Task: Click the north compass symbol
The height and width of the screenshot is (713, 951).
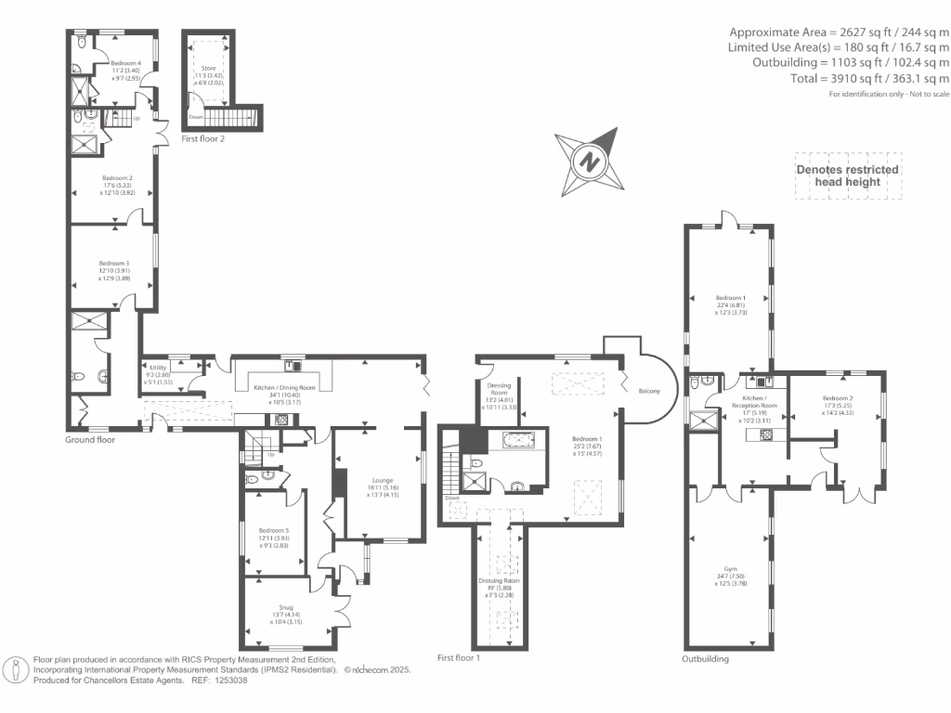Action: (x=587, y=160)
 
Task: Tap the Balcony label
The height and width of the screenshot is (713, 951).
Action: (x=648, y=391)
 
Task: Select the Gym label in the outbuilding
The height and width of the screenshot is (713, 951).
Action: (x=730, y=569)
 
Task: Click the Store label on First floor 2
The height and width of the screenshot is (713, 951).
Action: (x=209, y=69)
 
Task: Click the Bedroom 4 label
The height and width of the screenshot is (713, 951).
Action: (x=125, y=63)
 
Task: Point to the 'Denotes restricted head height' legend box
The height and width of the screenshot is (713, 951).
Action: (x=848, y=175)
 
